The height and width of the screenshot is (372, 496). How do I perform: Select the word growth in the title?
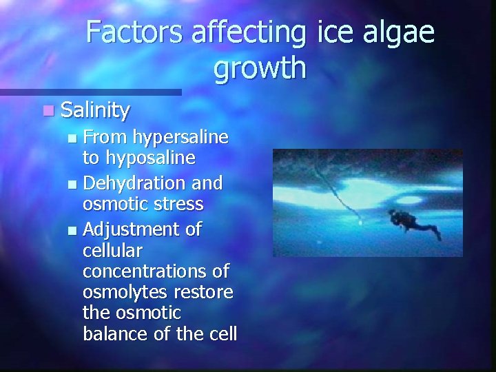[x=259, y=68]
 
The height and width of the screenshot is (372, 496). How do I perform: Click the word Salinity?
[x=94, y=110]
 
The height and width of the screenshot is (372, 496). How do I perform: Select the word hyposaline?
[x=148, y=158]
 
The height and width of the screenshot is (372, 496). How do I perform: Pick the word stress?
[x=178, y=204]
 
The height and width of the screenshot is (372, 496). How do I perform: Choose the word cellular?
[x=110, y=249]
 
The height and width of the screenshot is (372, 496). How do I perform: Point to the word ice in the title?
[x=328, y=33]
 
